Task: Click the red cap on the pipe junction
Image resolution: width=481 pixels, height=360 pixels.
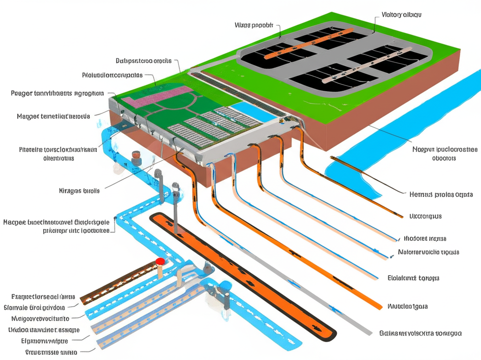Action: tap(160, 261)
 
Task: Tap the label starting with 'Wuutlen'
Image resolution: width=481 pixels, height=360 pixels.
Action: tap(407, 306)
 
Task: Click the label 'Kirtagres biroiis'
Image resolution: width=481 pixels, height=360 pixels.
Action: tap(79, 191)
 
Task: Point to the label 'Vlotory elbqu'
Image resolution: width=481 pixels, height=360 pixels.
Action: tap(401, 15)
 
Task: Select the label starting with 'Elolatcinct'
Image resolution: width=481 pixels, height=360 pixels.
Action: tap(413, 278)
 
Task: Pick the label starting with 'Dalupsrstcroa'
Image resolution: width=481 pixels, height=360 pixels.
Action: tap(143, 61)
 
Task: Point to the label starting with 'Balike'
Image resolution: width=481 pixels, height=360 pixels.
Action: tap(420, 333)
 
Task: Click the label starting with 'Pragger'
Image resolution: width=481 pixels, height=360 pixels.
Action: tap(57, 93)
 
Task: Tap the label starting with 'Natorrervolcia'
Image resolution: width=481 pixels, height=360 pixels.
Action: tap(428, 252)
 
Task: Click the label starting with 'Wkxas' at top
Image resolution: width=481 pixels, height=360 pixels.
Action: tap(253, 25)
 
